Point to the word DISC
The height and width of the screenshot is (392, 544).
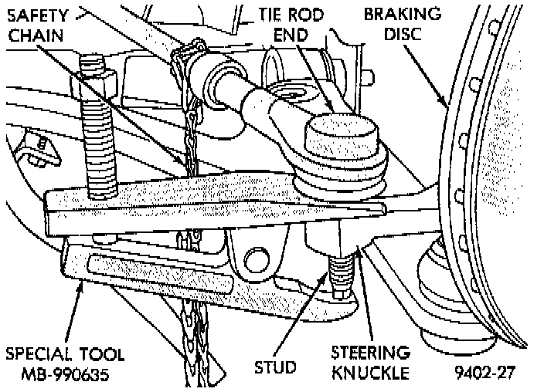pyautogui.click(x=414, y=34)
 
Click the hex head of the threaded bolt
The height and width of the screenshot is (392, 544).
pyautogui.click(x=94, y=79)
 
